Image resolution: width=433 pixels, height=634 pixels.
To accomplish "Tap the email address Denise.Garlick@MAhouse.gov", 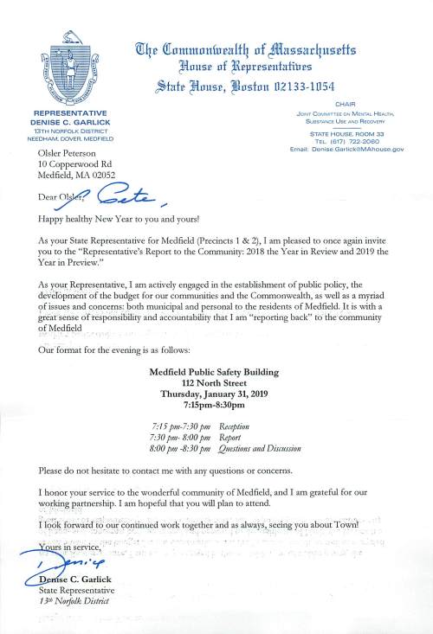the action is (356, 150).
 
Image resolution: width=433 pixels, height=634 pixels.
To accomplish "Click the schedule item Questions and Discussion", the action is (260, 450).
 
